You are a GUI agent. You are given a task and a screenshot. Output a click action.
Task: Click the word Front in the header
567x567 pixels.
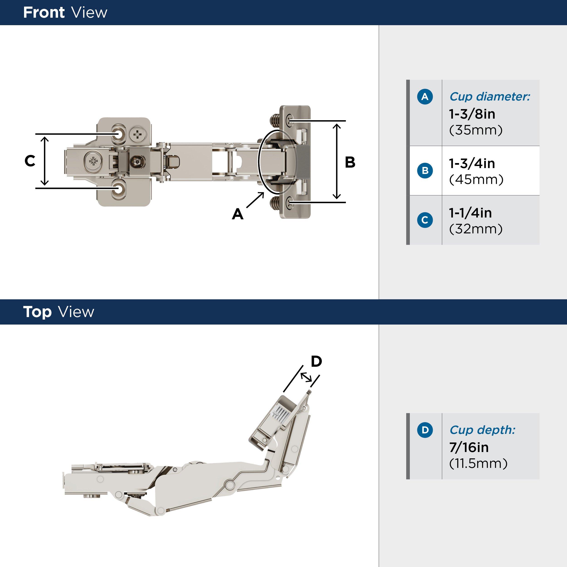(44, 13)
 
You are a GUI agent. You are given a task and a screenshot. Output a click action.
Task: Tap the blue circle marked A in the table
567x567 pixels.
(425, 97)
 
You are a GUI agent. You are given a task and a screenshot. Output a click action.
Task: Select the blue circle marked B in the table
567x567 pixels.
(425, 171)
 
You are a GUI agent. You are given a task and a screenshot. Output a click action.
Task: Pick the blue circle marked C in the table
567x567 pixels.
(425, 220)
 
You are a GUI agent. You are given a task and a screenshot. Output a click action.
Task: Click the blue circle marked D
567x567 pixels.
(425, 430)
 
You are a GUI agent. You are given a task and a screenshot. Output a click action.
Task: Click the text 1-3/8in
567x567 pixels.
(472, 114)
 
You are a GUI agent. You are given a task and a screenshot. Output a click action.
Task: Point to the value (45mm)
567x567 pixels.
(476, 179)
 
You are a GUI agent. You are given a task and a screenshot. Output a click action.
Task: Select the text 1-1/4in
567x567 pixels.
(470, 213)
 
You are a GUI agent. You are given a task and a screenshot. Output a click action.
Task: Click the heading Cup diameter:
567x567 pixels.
(489, 97)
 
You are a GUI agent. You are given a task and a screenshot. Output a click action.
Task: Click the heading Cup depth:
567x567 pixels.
(482, 430)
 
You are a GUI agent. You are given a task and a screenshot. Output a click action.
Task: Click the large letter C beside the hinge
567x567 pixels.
(30, 161)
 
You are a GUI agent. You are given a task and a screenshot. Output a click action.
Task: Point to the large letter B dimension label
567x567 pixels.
(350, 162)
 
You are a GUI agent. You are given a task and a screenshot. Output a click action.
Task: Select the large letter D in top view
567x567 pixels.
(316, 361)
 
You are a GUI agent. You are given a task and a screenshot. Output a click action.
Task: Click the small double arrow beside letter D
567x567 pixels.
(306, 377)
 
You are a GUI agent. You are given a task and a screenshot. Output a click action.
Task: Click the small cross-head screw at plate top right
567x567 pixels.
(138, 135)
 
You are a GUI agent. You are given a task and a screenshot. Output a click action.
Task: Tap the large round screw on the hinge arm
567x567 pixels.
(93, 161)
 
